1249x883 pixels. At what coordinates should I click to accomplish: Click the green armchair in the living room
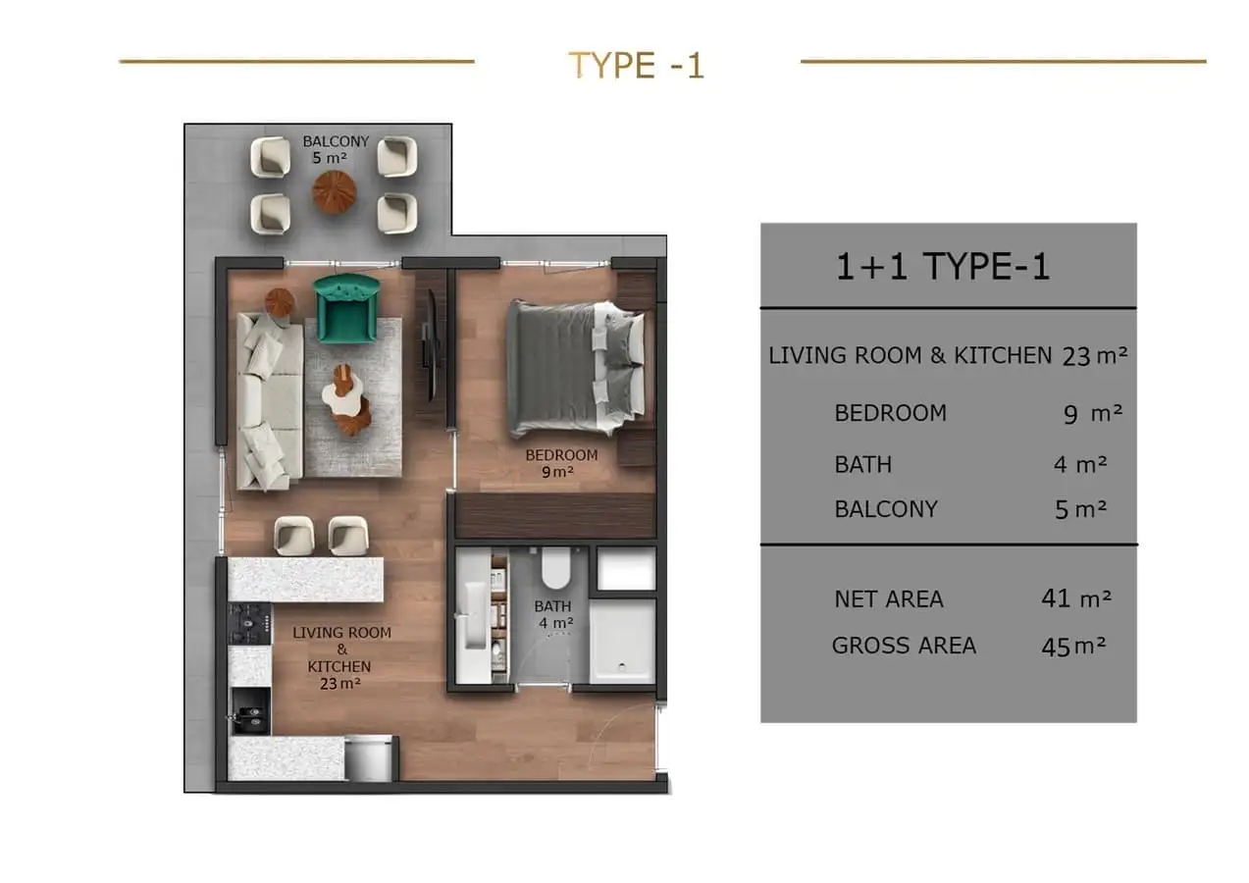346,308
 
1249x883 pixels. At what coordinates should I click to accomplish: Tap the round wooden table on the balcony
334,192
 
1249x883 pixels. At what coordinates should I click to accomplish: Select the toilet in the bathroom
555,567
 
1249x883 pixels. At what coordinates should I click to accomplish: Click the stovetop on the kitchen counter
250,623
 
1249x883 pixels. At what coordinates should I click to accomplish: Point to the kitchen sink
250,710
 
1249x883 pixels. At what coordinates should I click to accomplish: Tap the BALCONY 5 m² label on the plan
336,149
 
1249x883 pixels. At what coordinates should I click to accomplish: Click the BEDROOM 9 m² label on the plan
561,463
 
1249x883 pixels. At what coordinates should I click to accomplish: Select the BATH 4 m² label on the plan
553,614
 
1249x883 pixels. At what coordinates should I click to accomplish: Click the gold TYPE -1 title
636,65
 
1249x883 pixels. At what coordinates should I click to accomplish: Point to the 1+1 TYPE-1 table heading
942,266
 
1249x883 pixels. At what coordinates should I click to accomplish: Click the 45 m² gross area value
1073,647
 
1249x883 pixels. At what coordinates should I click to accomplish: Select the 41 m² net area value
1076,598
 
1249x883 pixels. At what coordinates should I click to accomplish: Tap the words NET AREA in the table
889,599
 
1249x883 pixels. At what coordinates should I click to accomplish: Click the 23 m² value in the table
1095,355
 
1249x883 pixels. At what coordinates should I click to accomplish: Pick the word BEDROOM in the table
891,413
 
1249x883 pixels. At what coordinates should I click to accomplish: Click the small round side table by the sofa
280,303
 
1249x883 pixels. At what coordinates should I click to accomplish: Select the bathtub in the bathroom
622,641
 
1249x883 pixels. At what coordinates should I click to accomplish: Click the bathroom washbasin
473,615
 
